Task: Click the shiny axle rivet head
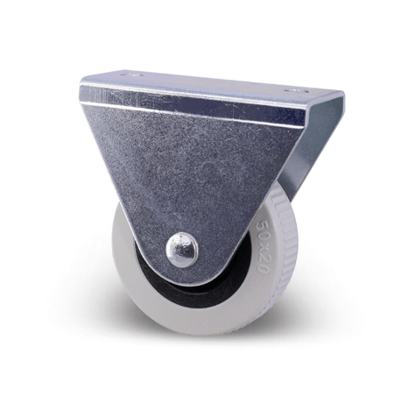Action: (182, 250)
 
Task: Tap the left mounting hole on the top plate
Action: (131, 74)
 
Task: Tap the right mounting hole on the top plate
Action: (296, 91)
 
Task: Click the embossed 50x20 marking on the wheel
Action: (263, 247)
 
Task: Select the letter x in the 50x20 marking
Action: (264, 247)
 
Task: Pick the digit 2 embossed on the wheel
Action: (264, 258)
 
